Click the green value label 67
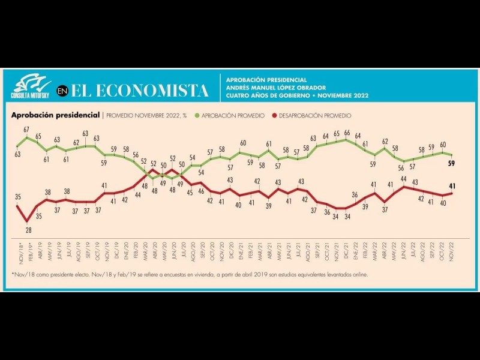26,130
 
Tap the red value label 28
27,229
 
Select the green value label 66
347,133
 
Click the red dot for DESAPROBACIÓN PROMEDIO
275,115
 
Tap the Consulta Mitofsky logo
31,86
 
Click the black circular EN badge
62,91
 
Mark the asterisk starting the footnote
13,274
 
